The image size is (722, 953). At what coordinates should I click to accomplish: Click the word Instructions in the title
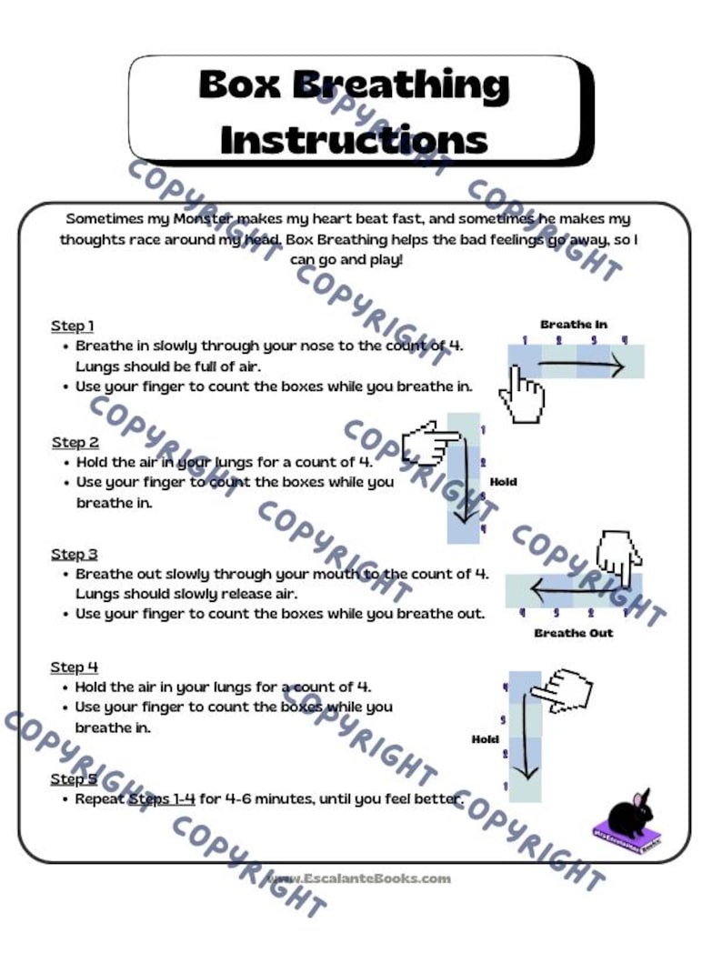coord(354,139)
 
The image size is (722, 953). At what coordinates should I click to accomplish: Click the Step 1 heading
coord(73,326)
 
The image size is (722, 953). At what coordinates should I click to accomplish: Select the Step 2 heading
coord(75,442)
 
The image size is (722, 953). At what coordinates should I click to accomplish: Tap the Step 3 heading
coord(75,554)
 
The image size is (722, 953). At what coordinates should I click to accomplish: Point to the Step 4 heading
coord(75,667)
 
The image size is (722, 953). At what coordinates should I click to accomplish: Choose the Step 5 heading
coord(75,779)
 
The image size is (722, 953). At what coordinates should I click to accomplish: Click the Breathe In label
coord(574,325)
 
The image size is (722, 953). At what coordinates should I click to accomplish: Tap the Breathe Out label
coord(574,633)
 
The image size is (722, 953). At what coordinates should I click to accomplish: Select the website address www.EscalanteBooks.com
coord(358,878)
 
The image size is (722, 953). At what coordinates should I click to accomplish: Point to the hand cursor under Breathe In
coord(521,396)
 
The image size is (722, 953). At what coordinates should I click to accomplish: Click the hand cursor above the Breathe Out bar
coord(619,557)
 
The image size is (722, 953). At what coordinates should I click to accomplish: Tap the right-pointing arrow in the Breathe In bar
coord(582,366)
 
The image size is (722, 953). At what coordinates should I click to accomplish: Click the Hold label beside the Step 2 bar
coord(503,482)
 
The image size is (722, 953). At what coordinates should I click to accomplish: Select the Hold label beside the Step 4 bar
coord(485,739)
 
